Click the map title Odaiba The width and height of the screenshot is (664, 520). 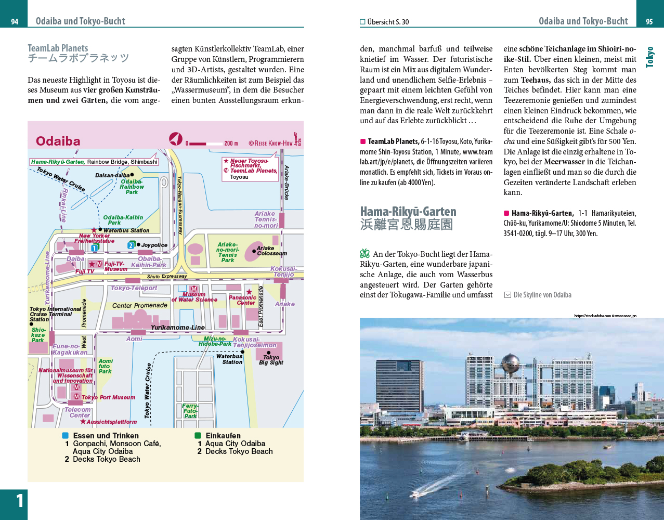pyautogui.click(x=58, y=141)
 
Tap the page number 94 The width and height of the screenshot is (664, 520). pyautogui.click(x=15, y=21)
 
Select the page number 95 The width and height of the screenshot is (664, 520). pyautogui.click(x=649, y=21)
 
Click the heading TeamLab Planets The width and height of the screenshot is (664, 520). pyautogui.click(x=58, y=48)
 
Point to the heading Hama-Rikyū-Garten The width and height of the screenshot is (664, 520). pyautogui.click(x=408, y=212)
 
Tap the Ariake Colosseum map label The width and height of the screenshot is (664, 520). pyautogui.click(x=271, y=251)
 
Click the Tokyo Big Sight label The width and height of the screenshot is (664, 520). pyautogui.click(x=271, y=360)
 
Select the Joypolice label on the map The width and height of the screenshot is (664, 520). pyautogui.click(x=154, y=245)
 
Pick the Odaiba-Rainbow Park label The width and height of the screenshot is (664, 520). pyautogui.click(x=132, y=187)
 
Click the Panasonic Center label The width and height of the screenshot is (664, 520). pyautogui.click(x=243, y=300)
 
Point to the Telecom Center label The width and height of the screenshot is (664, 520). pyautogui.click(x=79, y=412)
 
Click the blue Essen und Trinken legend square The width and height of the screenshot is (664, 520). pyautogui.click(x=66, y=436)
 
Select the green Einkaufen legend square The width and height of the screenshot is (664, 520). pyautogui.click(x=198, y=436)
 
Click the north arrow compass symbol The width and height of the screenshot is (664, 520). pyautogui.click(x=176, y=139)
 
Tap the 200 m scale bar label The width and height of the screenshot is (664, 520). pyautogui.click(x=231, y=144)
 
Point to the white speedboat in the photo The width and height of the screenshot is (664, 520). pyautogui.click(x=416, y=493)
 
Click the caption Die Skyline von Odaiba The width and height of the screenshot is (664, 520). pyautogui.click(x=542, y=295)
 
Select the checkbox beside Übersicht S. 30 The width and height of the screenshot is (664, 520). pyautogui.click(x=362, y=22)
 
